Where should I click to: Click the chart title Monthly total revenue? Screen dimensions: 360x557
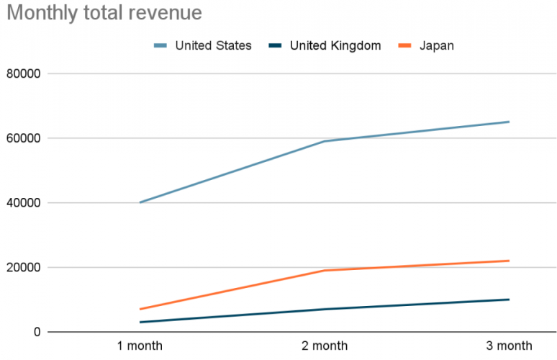coord(104,13)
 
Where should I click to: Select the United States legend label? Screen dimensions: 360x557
coord(213,45)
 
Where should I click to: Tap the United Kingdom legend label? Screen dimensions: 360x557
coord(335,45)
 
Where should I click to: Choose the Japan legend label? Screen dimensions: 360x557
coord(437,45)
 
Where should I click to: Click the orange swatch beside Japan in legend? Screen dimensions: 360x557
coord(405,46)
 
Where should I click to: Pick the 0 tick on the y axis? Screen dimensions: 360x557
coord(36,332)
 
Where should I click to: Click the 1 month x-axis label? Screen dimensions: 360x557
coord(140,346)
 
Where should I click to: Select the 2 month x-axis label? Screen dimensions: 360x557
coord(325,346)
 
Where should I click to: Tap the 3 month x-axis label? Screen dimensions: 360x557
coord(509,346)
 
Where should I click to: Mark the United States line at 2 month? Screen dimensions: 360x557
coord(325,141)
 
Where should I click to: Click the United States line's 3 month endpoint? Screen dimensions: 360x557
coord(509,122)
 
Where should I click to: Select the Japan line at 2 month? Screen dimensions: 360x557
coord(325,271)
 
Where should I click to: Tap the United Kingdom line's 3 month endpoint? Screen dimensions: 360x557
coord(509,300)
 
